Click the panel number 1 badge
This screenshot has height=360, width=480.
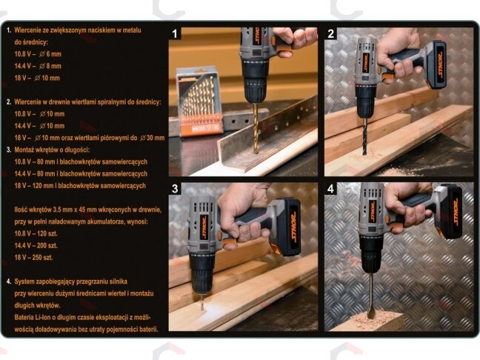(175, 33)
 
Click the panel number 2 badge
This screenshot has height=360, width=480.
(330, 33)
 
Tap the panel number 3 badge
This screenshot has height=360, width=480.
(175, 189)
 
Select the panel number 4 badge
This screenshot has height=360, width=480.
(330, 189)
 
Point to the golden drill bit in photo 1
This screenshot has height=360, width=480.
(256, 128)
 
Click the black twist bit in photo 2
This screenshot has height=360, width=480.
(364, 137)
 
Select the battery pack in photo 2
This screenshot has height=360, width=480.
(436, 64)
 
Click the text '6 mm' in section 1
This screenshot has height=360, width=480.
(54, 54)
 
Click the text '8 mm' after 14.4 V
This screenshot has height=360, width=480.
(54, 66)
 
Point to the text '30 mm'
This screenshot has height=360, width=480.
(156, 138)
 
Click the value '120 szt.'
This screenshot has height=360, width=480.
(47, 233)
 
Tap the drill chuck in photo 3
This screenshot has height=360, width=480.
(201, 275)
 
